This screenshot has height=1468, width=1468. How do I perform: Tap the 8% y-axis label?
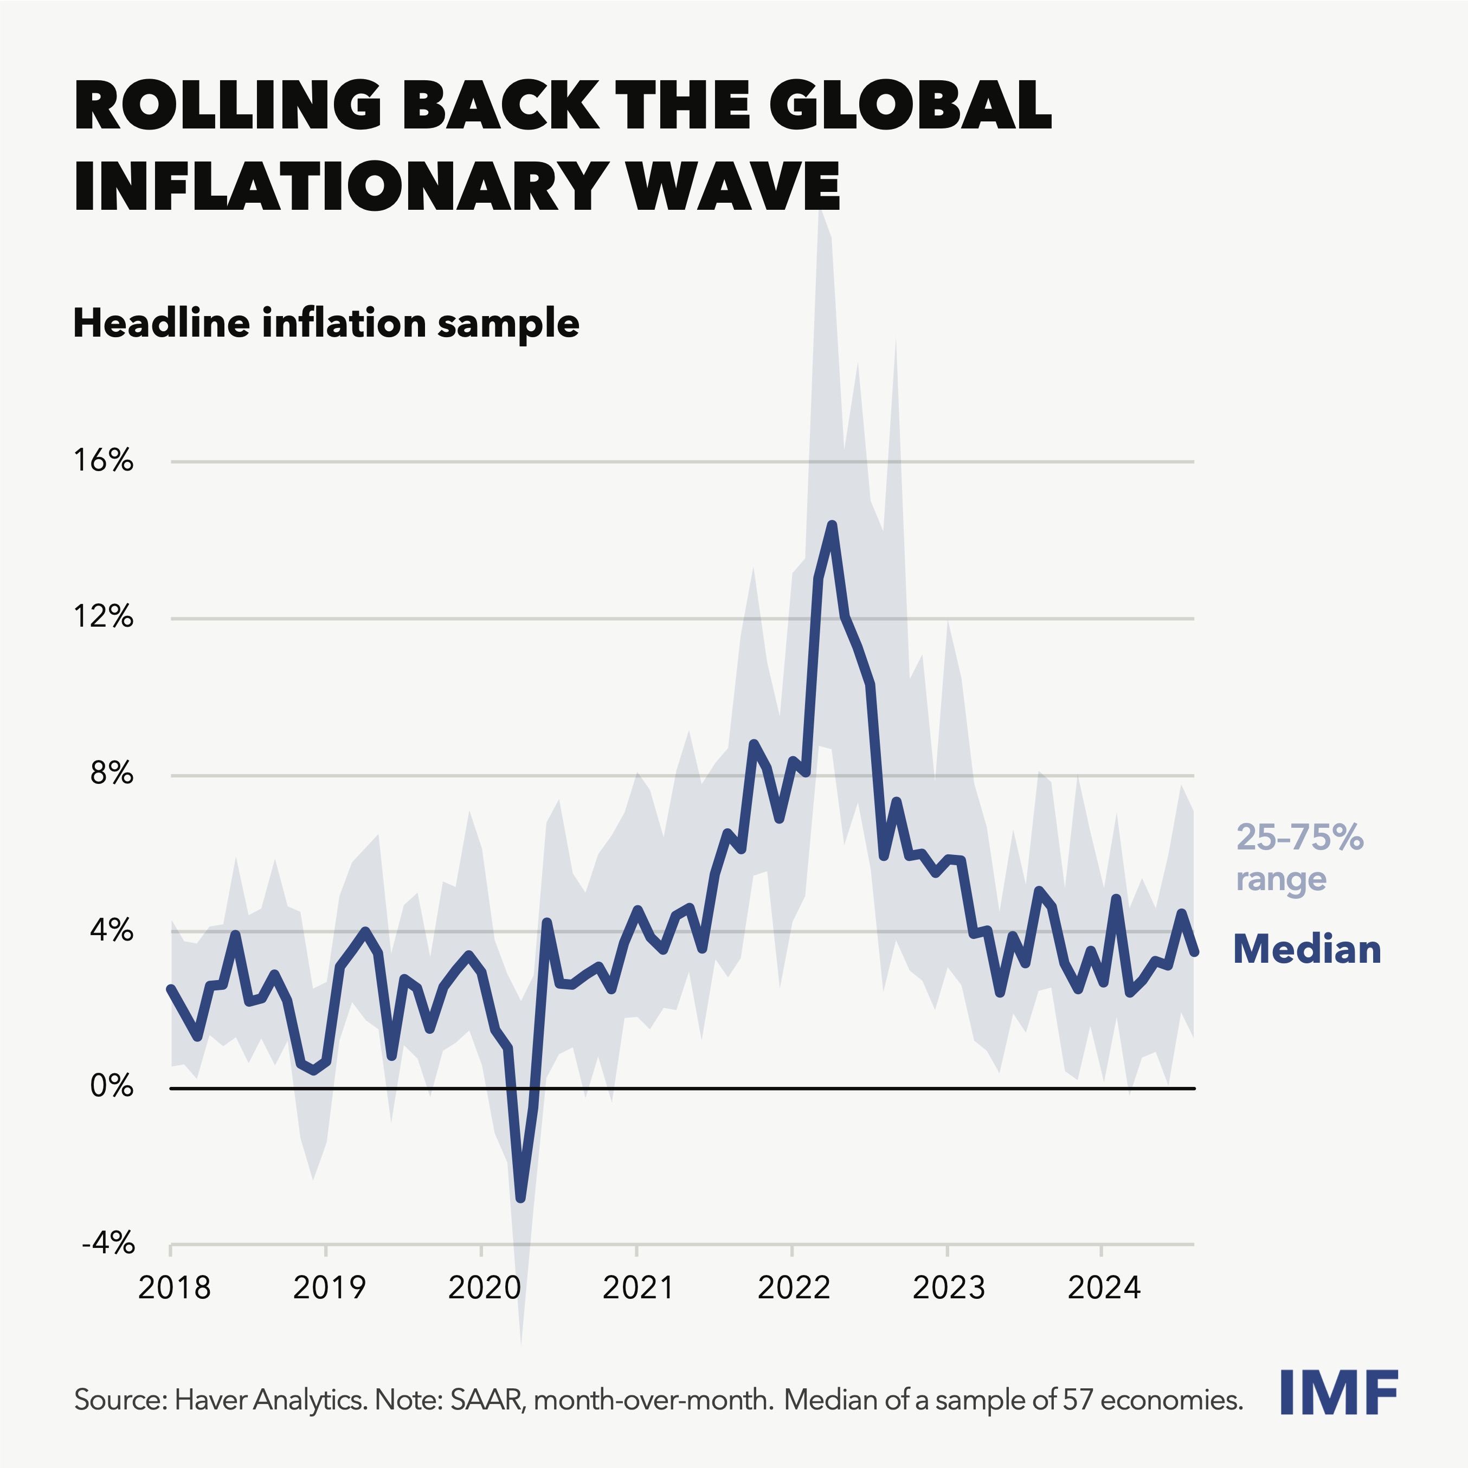(112, 774)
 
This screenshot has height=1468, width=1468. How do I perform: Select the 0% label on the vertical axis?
(112, 1086)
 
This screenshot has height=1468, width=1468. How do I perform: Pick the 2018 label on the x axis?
(174, 1288)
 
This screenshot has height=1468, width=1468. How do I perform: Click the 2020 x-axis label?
(484, 1288)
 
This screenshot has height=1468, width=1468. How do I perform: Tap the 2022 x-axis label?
(794, 1288)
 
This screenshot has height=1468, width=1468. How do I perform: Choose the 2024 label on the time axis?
(1104, 1288)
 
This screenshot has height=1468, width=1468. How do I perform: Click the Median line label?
(1306, 950)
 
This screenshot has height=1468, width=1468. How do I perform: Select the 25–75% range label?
(1299, 858)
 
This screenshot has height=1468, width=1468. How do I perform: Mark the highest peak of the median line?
(832, 524)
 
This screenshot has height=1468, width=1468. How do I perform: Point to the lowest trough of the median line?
(520, 1198)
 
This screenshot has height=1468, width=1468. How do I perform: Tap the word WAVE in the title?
(733, 186)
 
